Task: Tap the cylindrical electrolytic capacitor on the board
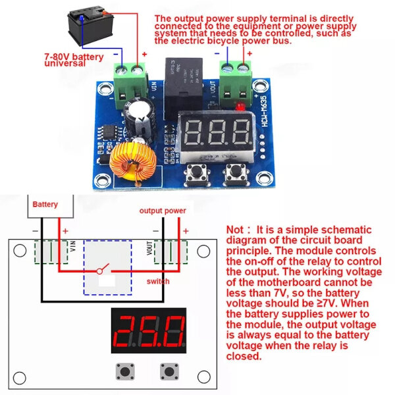tap(142, 116)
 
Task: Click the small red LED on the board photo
tap(242, 105)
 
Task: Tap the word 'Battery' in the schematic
tap(45, 205)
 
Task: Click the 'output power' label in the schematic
tap(162, 211)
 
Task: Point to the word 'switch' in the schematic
tap(158, 281)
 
